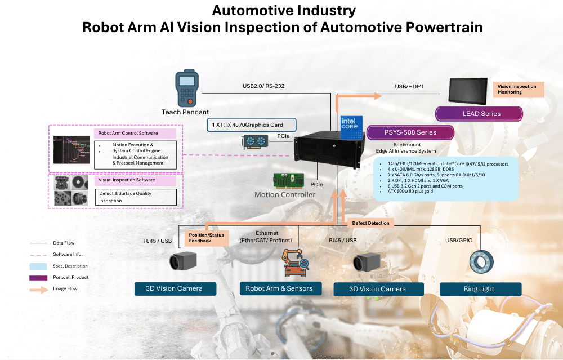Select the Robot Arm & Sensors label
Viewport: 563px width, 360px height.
[x=279, y=288]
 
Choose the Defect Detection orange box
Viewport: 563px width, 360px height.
[x=370, y=223]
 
